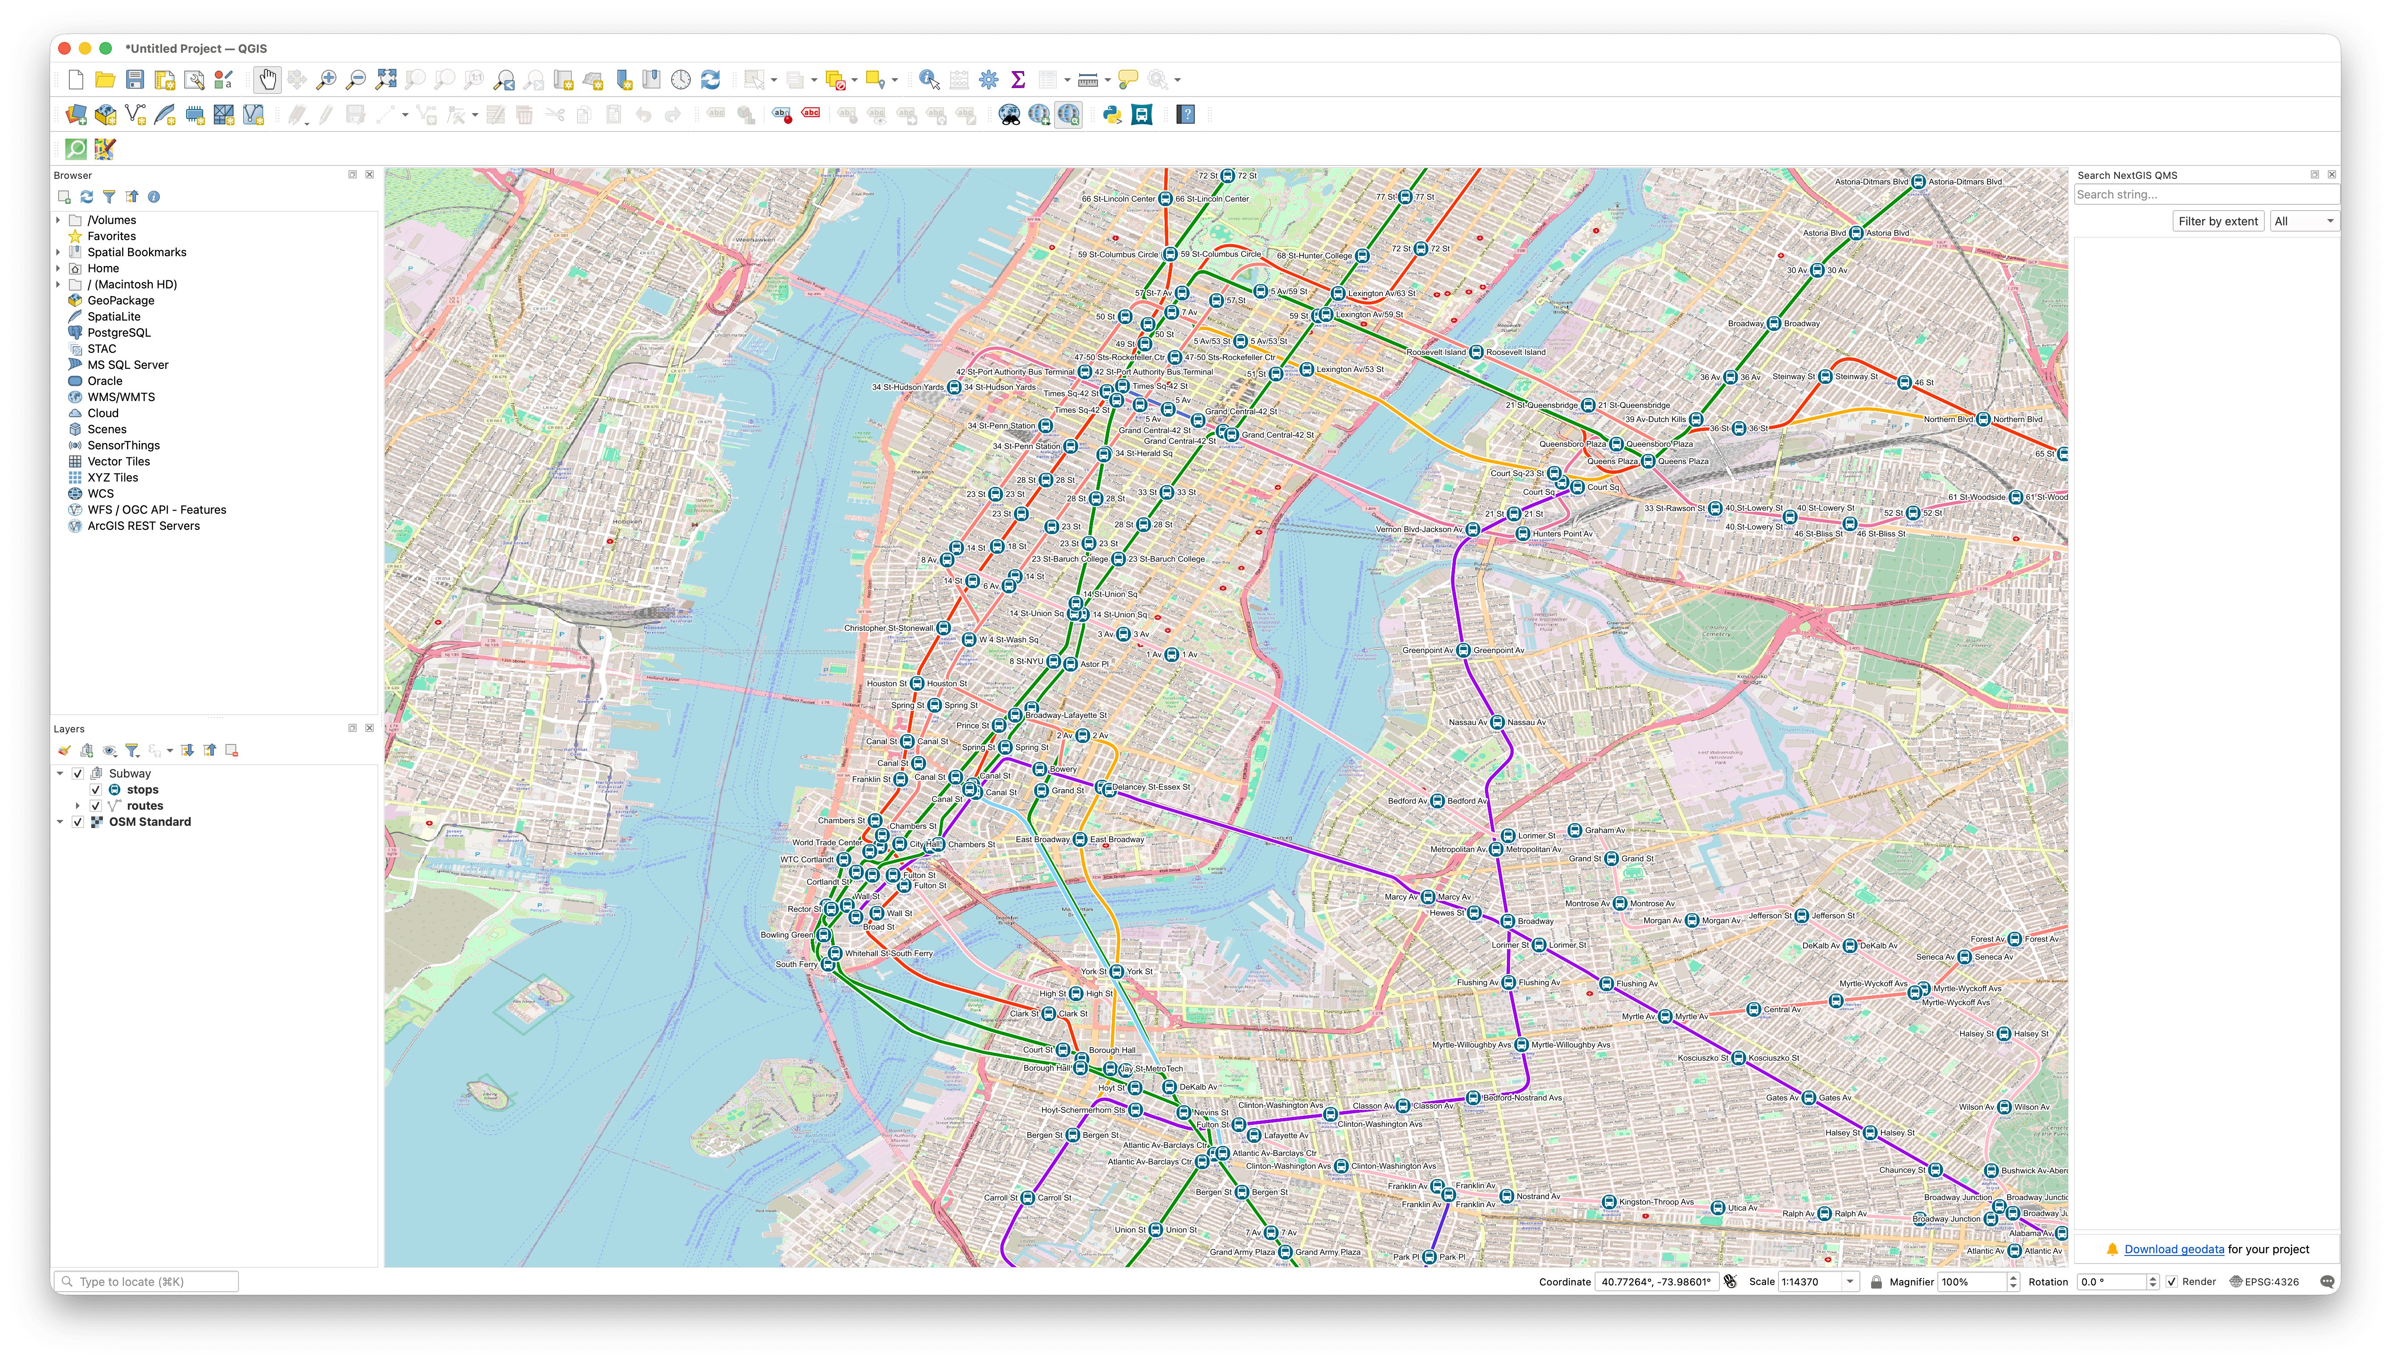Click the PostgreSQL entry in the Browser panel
[119, 333]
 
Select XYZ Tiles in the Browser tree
[112, 478]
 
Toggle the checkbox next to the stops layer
[95, 790]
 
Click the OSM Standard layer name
[149, 822]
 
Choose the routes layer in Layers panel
[145, 806]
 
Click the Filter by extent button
[2217, 221]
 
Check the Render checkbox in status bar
[2171, 1281]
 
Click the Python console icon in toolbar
[1112, 115]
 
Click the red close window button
[64, 49]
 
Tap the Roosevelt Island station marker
[1476, 352]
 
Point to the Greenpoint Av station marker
[1464, 651]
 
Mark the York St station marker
[1116, 971]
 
